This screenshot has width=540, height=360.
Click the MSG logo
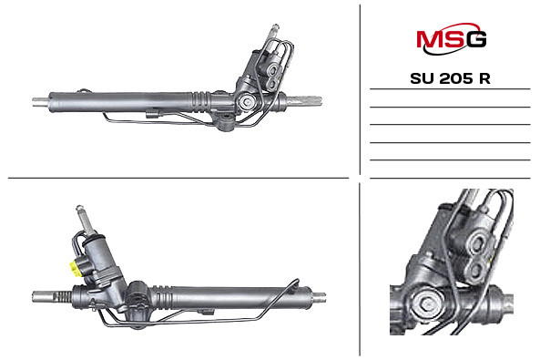point(451,38)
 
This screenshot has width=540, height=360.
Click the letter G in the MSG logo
point(476,39)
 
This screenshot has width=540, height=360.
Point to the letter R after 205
point(484,78)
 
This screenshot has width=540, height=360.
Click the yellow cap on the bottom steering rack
point(74,269)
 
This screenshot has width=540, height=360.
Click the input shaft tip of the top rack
point(275,27)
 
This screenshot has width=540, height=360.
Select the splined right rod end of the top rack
point(305,100)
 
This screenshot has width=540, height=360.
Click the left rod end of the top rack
point(41,102)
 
